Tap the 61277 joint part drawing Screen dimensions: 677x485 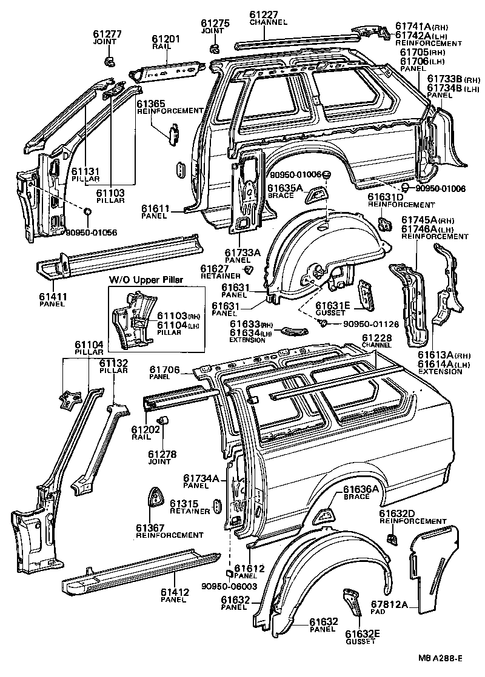(x=109, y=61)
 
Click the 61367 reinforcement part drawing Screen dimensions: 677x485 (x=157, y=497)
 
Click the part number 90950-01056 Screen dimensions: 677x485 (x=92, y=232)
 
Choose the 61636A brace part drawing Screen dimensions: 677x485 (x=327, y=514)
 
